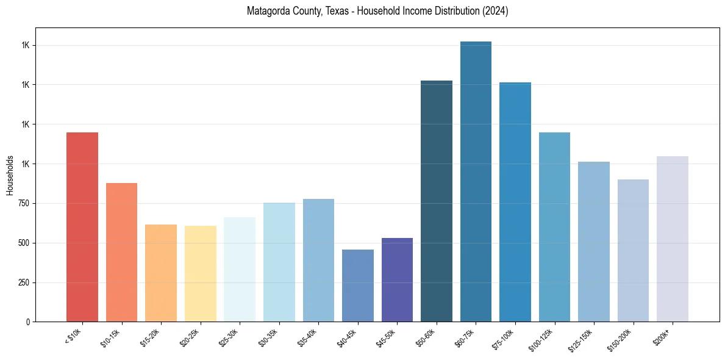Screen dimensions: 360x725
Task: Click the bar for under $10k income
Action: [x=82, y=227]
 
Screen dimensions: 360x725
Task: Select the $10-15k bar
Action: [x=121, y=252]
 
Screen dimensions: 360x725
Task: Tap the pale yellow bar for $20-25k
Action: [x=200, y=273]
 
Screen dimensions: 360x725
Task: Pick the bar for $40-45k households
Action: [x=357, y=286]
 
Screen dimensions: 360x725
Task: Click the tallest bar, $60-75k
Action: [x=476, y=181]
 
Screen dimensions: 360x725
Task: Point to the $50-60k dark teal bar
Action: [x=437, y=201]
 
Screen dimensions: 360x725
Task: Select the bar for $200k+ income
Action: [x=672, y=239]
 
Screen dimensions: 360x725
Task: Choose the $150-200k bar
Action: [x=633, y=250]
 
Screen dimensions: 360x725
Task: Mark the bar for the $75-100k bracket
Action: [x=515, y=202]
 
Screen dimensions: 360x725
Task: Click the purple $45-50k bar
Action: [x=397, y=279]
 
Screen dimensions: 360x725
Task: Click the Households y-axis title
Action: [x=10, y=175]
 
